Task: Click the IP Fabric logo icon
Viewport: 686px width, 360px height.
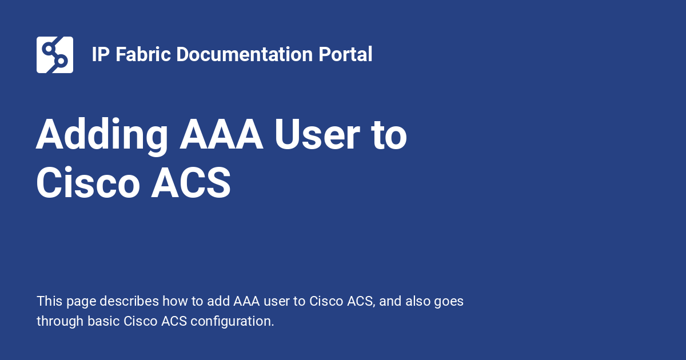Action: click(55, 55)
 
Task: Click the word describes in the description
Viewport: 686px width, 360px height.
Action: click(132, 301)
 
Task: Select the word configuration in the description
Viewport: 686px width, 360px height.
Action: click(232, 321)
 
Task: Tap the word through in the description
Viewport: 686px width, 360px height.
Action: click(60, 321)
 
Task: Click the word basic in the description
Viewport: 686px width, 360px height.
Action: click(103, 321)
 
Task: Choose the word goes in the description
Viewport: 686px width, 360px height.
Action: click(449, 301)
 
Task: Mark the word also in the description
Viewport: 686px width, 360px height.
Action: click(418, 301)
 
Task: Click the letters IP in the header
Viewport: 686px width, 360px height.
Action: click(101, 55)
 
